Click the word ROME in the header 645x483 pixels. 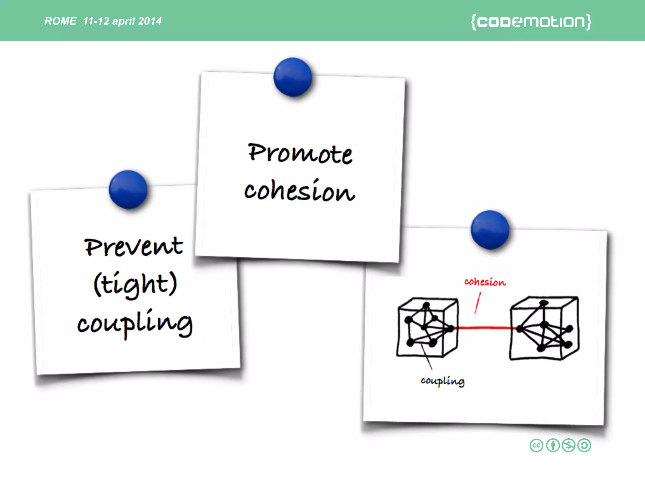[x=60, y=21]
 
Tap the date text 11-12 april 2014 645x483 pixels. [x=122, y=21]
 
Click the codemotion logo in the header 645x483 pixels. [x=531, y=22]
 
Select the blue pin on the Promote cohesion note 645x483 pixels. [x=293, y=77]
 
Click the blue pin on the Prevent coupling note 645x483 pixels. [x=128, y=190]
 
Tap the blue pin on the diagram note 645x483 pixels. [x=490, y=230]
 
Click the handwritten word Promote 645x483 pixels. [x=300, y=153]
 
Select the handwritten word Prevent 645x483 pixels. [x=134, y=247]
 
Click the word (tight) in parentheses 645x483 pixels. [x=135, y=284]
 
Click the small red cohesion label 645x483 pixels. [x=485, y=282]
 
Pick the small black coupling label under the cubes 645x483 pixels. [x=442, y=381]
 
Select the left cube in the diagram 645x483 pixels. [x=427, y=327]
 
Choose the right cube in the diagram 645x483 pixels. [x=544, y=328]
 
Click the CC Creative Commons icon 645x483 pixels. [x=536, y=446]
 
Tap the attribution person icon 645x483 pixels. [x=553, y=446]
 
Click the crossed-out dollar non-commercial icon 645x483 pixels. [x=568, y=446]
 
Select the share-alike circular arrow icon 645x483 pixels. [x=584, y=446]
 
